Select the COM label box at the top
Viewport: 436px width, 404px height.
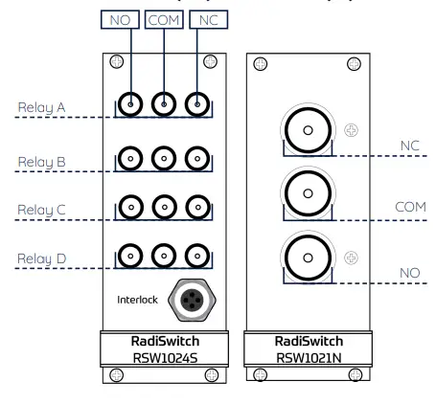click(164, 19)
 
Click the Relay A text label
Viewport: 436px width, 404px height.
click(39, 108)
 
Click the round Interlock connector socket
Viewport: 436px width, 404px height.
click(187, 301)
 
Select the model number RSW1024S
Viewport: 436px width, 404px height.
click(163, 358)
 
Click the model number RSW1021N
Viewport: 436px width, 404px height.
click(309, 358)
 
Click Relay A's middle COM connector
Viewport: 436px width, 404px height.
click(164, 104)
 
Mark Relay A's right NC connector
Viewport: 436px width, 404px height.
click(196, 104)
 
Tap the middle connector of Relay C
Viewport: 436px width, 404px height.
click(164, 206)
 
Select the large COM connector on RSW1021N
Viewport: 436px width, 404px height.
click(308, 192)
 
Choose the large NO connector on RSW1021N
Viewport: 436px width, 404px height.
click(308, 257)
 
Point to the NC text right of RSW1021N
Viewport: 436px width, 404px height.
click(410, 145)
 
